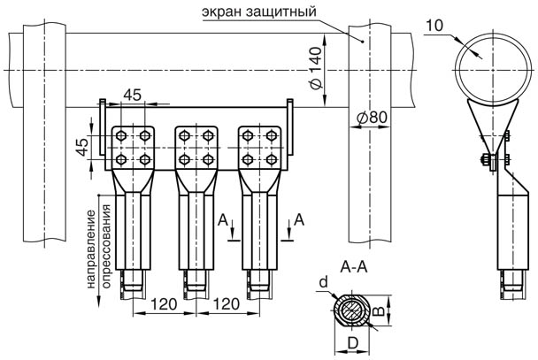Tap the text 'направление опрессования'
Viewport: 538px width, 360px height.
[96, 248]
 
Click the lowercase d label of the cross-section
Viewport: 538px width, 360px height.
[323, 282]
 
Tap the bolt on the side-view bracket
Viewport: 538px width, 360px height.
[485, 160]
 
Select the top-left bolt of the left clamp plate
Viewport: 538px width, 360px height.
[124, 136]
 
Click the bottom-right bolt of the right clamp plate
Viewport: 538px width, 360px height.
[271, 159]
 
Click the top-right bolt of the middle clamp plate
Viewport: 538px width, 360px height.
[208, 136]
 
